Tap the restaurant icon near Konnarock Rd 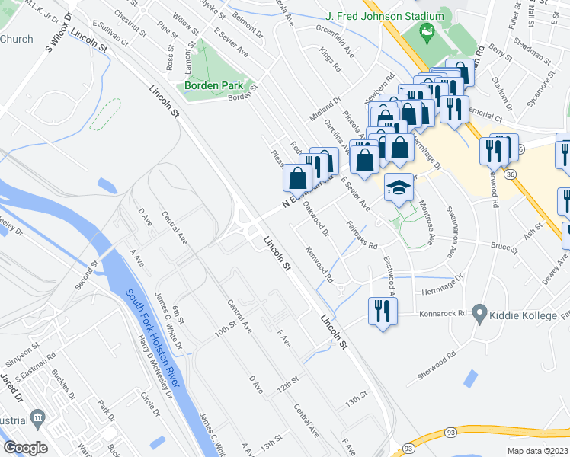[x=382, y=310]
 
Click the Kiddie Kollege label [x=525, y=312]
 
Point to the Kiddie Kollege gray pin [x=479, y=312]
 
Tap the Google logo [x=26, y=447]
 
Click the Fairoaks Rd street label [x=362, y=235]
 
